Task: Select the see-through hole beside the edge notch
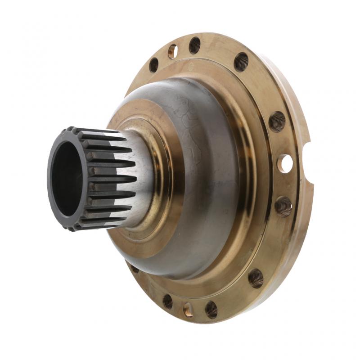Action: tap(284, 163)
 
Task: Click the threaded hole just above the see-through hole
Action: tap(277, 121)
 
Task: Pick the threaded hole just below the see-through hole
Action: tap(283, 206)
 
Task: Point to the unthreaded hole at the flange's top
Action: tap(172, 51)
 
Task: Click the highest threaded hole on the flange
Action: tap(195, 45)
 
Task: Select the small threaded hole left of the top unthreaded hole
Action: tap(154, 65)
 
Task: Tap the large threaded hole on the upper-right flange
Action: tap(242, 62)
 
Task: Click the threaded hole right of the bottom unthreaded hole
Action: tap(211, 309)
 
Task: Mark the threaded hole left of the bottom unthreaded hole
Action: tap(168, 301)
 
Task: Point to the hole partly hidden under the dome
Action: tap(135, 269)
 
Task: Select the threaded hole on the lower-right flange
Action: tap(256, 278)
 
